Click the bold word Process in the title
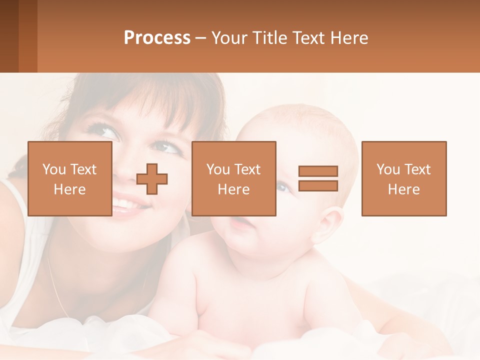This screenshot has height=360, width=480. click(x=157, y=38)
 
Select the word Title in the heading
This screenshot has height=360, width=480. click(x=270, y=38)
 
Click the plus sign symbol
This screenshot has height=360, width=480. click(x=152, y=179)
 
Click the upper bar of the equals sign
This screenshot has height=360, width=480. click(x=318, y=171)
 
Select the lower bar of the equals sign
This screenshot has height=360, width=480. click(x=318, y=185)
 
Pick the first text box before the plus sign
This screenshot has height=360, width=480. click(x=69, y=178)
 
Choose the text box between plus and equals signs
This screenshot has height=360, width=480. click(x=233, y=178)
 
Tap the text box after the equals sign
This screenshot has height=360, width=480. click(x=403, y=178)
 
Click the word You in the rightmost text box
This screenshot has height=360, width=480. click(x=388, y=169)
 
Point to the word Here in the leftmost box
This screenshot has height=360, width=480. click(x=69, y=189)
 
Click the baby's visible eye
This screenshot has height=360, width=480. click(x=283, y=187)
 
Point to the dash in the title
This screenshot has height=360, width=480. click(x=200, y=38)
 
